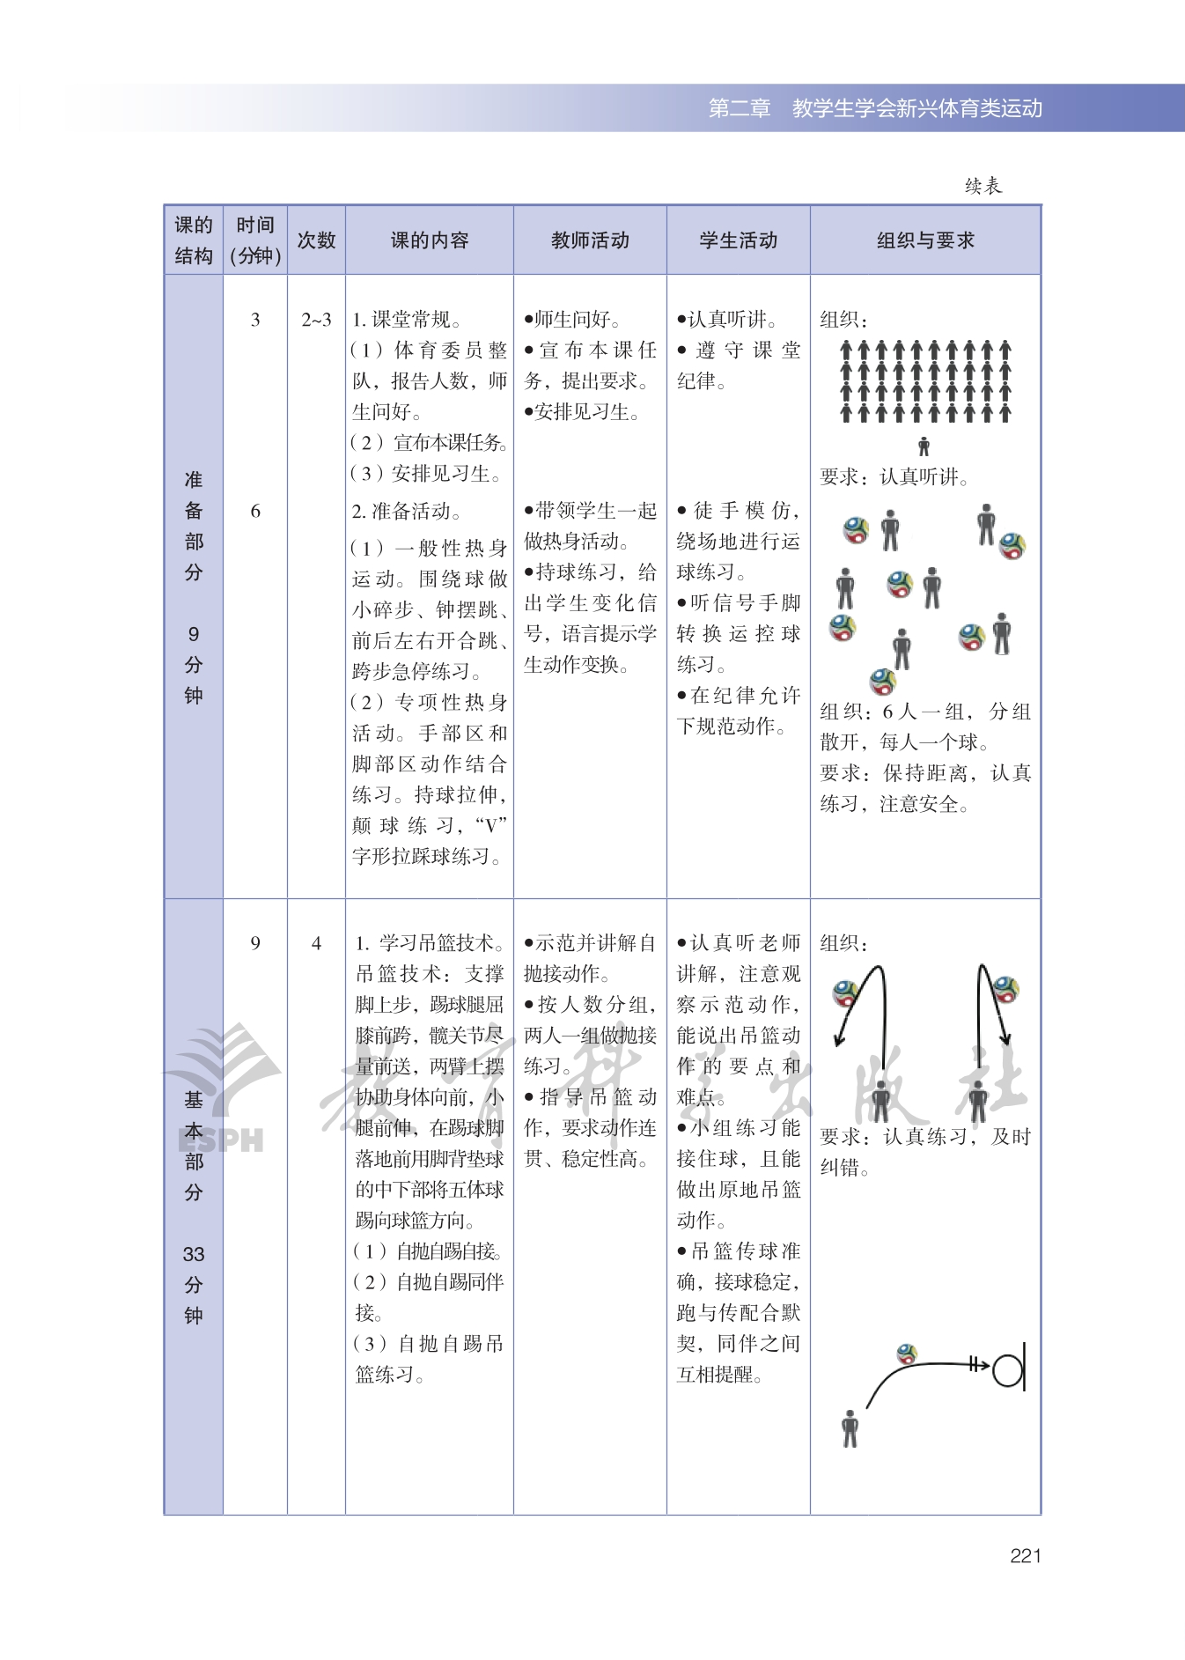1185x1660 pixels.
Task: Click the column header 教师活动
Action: pos(590,240)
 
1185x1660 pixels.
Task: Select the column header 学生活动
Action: pos(738,240)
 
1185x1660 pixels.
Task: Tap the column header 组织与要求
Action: pos(925,240)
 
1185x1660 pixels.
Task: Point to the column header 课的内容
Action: pos(430,240)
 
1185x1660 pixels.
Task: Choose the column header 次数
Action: pos(316,240)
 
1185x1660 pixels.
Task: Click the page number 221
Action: pos(1026,1556)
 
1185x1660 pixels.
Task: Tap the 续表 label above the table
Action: pos(983,186)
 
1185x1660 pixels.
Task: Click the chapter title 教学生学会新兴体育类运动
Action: pos(916,108)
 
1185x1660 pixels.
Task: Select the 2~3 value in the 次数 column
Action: pos(316,320)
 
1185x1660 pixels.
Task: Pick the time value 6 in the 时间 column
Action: pos(255,512)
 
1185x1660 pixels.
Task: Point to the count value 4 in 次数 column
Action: pos(316,944)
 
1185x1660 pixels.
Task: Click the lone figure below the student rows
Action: pos(924,446)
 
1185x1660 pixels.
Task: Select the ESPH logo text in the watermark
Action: pos(221,1140)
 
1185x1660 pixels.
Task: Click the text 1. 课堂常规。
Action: pos(407,320)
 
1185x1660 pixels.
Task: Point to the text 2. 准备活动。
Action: pos(407,512)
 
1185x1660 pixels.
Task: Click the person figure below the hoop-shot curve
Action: pos(850,1428)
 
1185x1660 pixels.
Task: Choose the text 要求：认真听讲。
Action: pos(894,477)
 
